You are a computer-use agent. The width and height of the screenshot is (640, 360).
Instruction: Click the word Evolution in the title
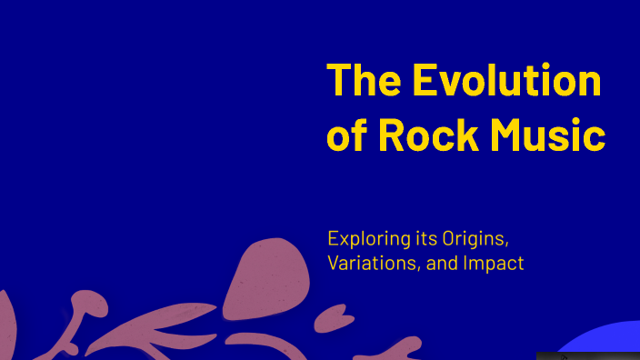[x=506, y=81]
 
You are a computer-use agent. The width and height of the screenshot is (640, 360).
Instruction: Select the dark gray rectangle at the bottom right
[x=587, y=355]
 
